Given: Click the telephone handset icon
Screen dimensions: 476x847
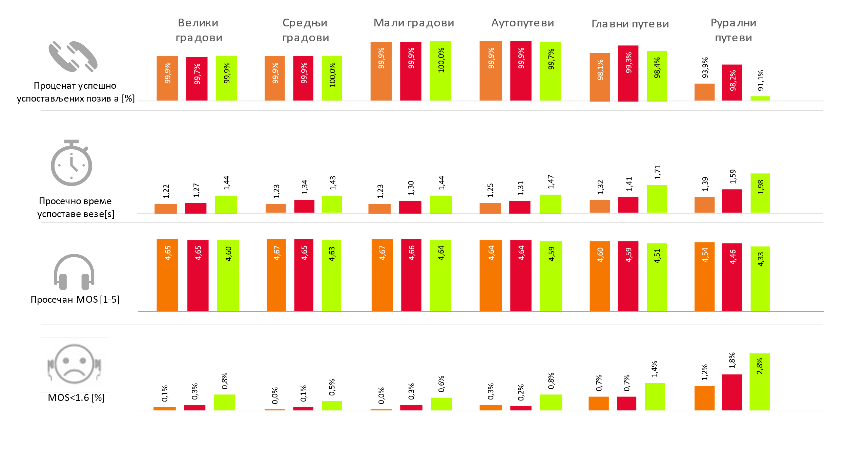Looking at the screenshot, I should [x=73, y=57].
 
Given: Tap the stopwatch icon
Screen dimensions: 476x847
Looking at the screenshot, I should [x=71, y=163].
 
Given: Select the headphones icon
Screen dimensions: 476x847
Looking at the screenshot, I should [x=74, y=272].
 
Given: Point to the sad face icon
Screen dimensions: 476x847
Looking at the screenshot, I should [x=75, y=364].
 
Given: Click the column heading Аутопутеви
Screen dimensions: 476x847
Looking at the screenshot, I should [x=522, y=23].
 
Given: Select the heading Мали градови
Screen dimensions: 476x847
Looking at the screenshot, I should [x=414, y=23].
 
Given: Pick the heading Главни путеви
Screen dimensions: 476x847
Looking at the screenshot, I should [x=630, y=24].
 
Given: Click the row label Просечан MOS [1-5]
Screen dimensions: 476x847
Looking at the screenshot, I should [x=75, y=300].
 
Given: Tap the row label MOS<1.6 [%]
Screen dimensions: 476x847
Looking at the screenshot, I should [x=76, y=397].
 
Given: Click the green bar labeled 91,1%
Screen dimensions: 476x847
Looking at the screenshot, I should [x=760, y=99].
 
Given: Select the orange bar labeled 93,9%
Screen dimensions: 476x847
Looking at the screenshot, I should [x=704, y=92].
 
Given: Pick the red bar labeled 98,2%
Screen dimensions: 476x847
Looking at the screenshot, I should [x=732, y=83].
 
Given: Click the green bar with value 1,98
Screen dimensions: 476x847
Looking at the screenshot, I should [x=760, y=193].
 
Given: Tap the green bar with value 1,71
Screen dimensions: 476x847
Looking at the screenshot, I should [x=657, y=199].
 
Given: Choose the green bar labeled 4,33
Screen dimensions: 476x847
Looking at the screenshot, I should [x=760, y=279].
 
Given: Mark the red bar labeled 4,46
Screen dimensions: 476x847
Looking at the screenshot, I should [x=732, y=277].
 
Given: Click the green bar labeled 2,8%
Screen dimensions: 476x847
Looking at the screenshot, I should [x=759, y=382].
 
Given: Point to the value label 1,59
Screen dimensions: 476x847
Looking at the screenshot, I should [x=733, y=176].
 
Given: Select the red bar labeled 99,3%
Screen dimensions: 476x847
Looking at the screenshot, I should [x=628, y=73].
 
